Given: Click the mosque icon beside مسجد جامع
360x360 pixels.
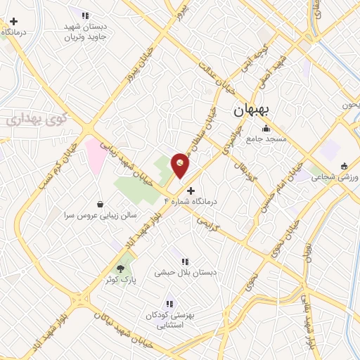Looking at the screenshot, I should click(266, 129).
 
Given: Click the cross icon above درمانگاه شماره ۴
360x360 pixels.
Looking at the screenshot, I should click(191, 190).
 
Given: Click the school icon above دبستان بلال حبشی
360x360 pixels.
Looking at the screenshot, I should click(185, 262).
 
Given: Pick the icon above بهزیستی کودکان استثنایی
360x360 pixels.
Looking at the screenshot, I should click(169, 304).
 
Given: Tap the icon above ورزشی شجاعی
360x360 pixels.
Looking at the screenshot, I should click(344, 167).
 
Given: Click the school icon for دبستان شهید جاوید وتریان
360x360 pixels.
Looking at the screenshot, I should click(85, 15).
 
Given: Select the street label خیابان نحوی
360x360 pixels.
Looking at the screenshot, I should click(260, 271).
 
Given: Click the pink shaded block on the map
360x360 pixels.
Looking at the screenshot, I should click(94, 152).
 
